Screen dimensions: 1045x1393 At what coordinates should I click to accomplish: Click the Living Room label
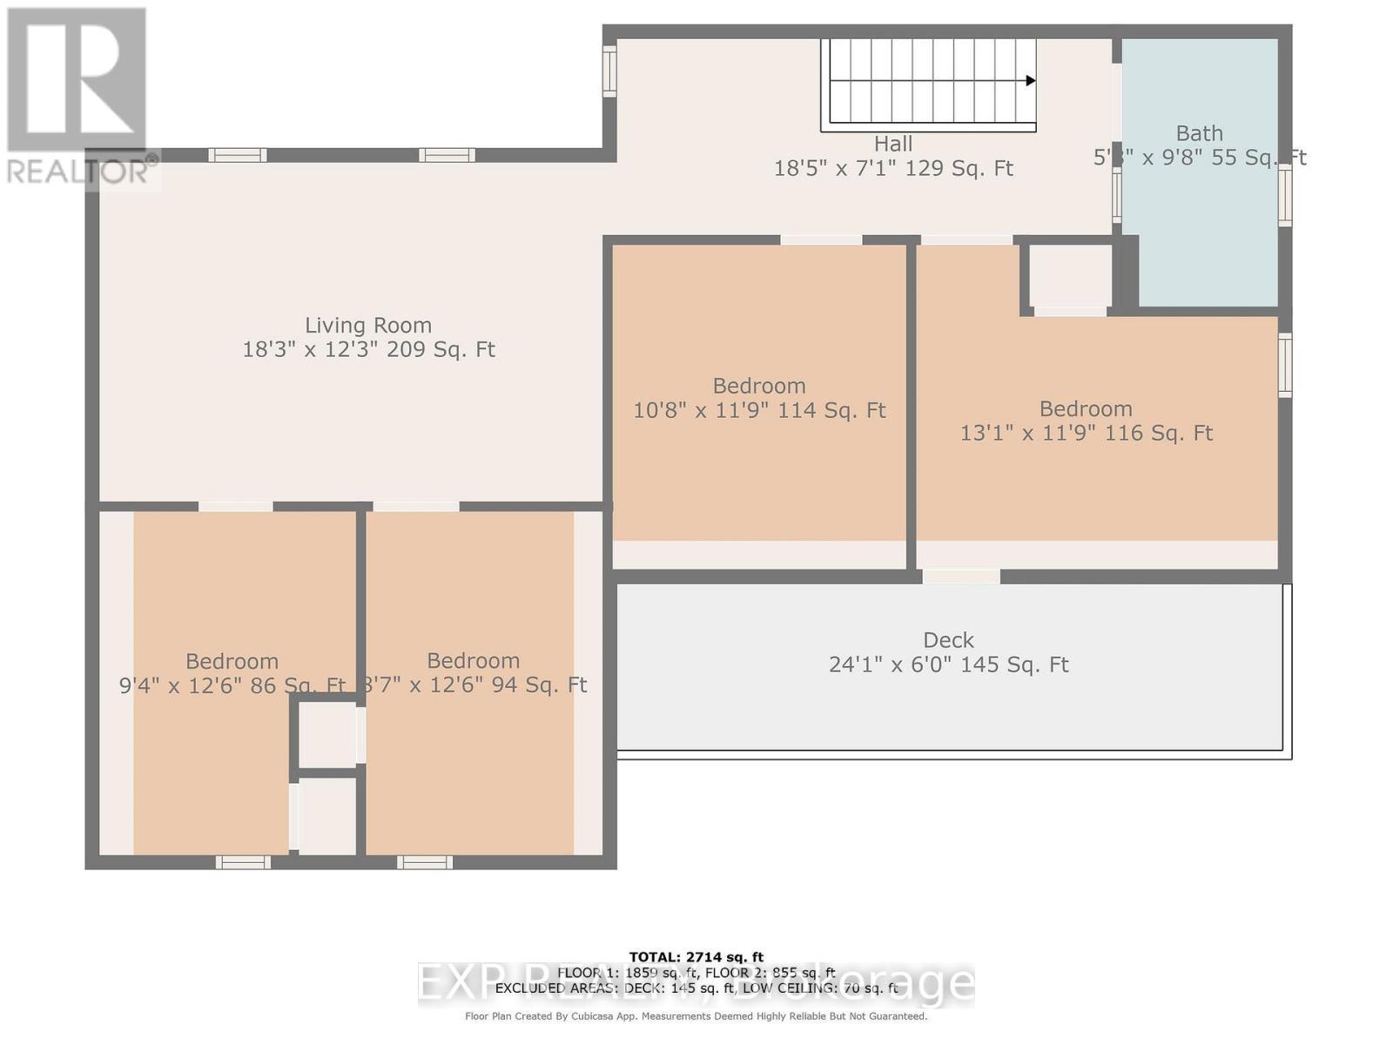click(368, 326)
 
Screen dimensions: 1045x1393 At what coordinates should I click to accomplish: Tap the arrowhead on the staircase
click(1030, 81)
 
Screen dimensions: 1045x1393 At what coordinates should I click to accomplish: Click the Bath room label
click(1199, 133)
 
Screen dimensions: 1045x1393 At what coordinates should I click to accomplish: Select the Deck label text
click(948, 641)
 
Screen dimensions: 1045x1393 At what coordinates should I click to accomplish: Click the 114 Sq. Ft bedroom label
click(759, 386)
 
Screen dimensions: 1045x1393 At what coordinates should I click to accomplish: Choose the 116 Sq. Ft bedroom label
click(1086, 409)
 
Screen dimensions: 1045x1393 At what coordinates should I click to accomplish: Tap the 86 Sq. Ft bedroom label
click(232, 662)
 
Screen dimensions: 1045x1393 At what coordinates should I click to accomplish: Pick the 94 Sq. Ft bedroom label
click(473, 661)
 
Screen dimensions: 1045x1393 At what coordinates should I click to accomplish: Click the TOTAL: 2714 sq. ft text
click(696, 957)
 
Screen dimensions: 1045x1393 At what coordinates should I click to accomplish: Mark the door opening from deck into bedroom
click(961, 576)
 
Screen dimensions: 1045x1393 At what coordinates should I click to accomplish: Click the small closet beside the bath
click(1070, 274)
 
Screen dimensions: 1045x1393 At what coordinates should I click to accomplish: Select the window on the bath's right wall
click(1285, 196)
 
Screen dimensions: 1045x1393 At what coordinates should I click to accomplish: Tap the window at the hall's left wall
click(609, 71)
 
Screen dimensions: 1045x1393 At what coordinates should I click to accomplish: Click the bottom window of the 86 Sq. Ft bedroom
click(243, 862)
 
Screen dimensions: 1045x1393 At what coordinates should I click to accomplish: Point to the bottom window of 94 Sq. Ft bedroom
click(425, 862)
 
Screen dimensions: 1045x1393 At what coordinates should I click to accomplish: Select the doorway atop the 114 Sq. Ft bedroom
click(820, 240)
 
